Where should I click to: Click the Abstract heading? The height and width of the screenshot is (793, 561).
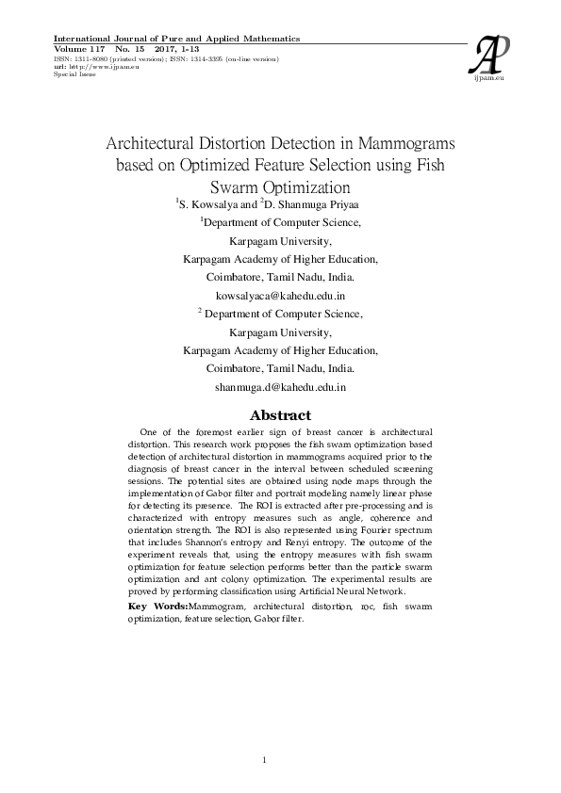coord(279,414)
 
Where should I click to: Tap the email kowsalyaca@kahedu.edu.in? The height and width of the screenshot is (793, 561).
coord(280,296)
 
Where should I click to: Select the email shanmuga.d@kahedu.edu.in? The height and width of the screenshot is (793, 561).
coord(280,386)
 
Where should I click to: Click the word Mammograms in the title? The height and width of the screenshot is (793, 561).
coord(404,144)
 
